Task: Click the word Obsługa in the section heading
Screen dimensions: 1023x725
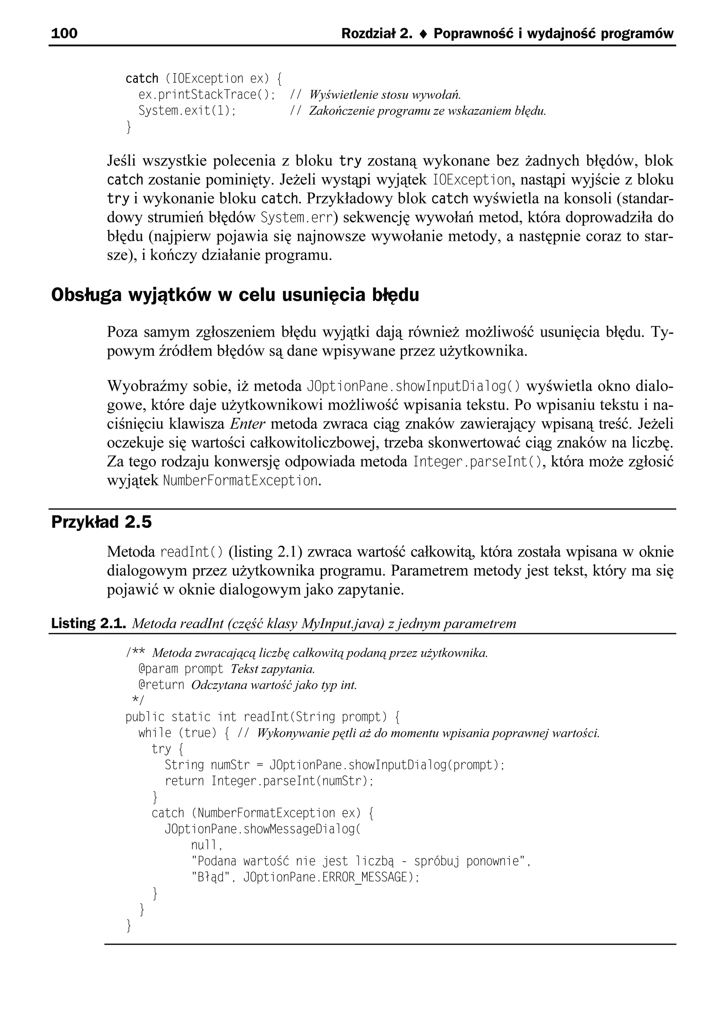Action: (86, 295)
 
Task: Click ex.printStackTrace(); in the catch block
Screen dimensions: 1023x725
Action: (207, 95)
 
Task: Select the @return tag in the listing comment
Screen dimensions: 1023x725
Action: (161, 685)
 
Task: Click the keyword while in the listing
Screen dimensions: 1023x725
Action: (154, 733)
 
